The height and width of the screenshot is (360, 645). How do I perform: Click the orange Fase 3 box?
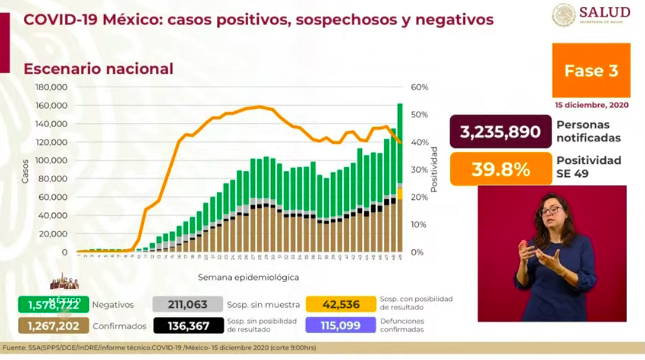[x=591, y=71]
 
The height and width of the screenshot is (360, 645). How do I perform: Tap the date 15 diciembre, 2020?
[x=592, y=105]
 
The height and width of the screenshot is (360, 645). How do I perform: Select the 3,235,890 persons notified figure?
[x=500, y=132]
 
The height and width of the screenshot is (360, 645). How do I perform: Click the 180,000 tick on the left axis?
[x=51, y=87]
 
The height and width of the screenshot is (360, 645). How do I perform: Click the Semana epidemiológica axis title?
[x=248, y=278]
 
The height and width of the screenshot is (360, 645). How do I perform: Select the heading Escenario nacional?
[x=98, y=69]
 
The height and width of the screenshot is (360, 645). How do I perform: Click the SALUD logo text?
[x=605, y=12]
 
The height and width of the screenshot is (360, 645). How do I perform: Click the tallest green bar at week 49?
[x=400, y=141]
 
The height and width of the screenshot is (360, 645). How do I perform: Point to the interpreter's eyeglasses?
[x=551, y=211]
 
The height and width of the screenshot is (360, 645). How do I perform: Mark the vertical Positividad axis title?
[x=434, y=170]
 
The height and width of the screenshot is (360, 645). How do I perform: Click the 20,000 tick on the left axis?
[x=53, y=234]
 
